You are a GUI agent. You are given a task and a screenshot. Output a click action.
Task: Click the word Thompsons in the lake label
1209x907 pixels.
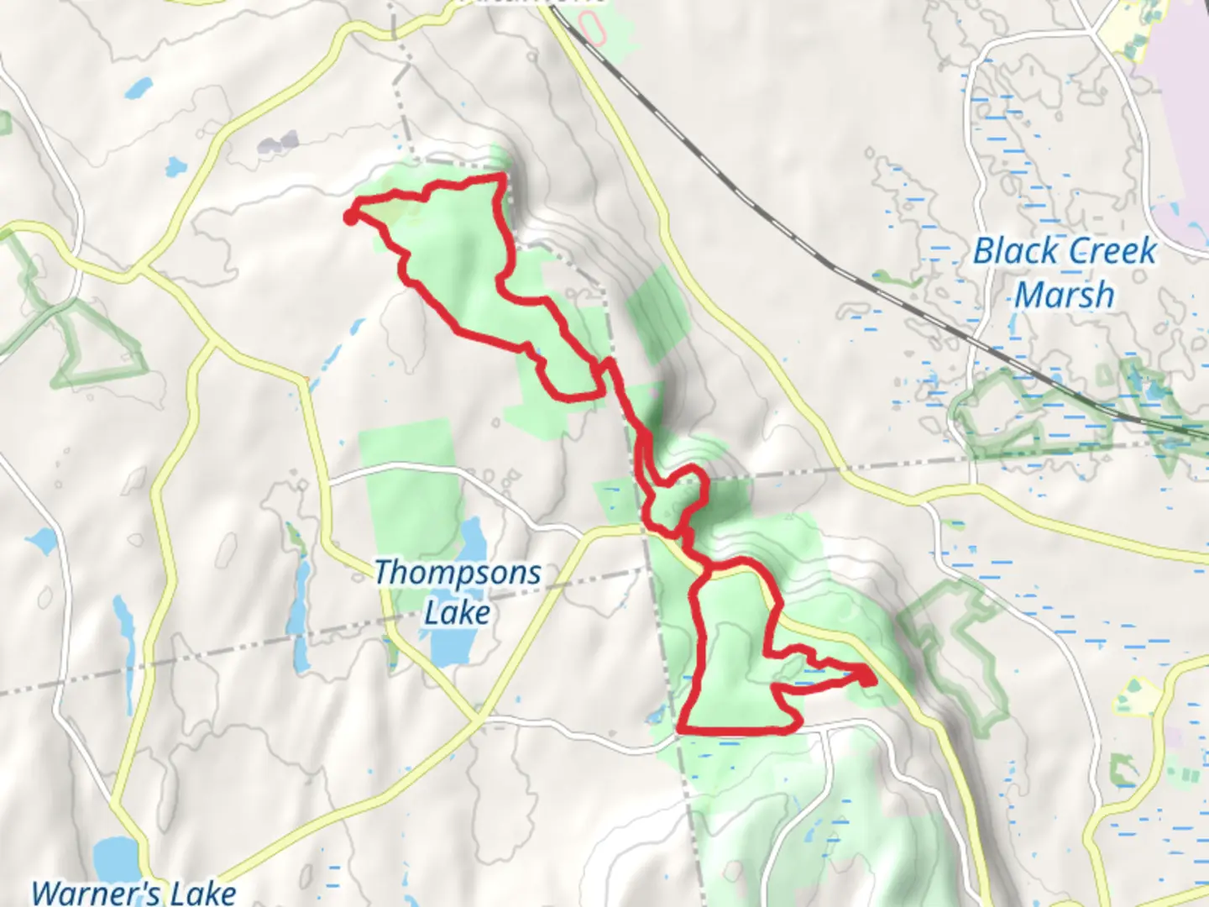click(458, 573)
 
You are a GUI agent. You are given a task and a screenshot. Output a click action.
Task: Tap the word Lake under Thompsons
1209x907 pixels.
click(457, 613)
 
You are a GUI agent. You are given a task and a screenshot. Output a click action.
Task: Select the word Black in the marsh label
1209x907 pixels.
click(1015, 251)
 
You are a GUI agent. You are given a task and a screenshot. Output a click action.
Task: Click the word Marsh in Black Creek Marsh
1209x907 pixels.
click(1064, 295)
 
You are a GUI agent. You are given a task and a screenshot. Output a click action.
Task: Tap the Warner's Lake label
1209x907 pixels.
click(133, 892)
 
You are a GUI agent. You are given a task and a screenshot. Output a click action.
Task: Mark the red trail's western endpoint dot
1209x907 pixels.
click(349, 218)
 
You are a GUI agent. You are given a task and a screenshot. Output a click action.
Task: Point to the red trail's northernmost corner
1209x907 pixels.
click(503, 176)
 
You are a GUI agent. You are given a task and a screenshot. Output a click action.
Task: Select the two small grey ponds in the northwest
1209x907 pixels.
click(279, 143)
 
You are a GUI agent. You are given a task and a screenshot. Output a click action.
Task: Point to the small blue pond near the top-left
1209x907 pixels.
click(140, 86)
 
